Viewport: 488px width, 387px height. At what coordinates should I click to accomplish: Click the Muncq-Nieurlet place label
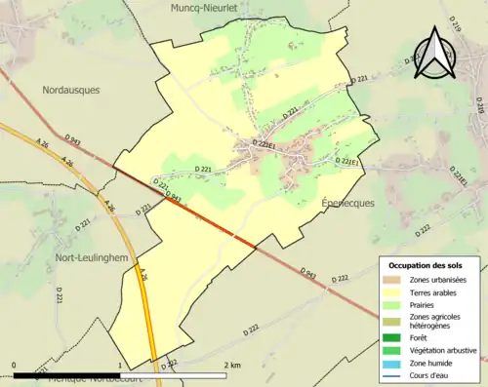210,9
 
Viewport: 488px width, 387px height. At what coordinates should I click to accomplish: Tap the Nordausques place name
71,90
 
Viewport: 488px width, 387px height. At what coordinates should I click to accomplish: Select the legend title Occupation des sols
427,265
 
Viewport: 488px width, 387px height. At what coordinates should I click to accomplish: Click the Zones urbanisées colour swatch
393,280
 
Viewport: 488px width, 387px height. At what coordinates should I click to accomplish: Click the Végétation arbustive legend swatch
393,351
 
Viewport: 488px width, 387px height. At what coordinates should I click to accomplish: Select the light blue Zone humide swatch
393,364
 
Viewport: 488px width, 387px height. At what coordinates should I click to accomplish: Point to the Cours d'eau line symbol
393,376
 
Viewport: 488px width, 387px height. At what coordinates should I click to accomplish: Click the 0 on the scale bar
15,365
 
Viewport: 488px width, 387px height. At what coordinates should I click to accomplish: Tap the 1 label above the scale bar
120,365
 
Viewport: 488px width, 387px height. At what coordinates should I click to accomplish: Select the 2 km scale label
231,365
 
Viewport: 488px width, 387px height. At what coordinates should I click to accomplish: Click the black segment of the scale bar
66,375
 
